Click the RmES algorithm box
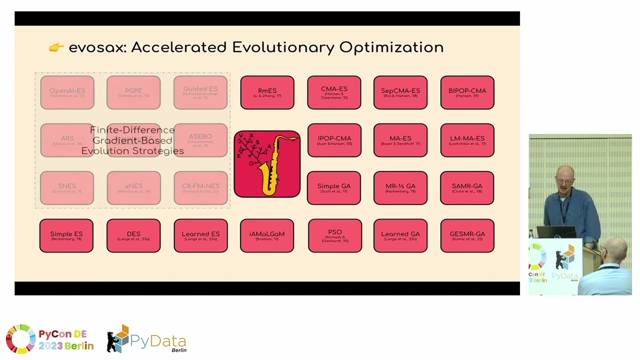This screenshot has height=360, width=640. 267,92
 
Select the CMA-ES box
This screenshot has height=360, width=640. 334,92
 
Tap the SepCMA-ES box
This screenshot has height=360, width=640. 400,92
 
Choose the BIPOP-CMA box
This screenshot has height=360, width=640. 467,92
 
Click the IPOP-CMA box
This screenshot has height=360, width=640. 334,140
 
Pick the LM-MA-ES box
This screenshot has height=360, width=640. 467,140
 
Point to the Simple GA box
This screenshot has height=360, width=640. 334,188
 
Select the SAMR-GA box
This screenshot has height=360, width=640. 467,188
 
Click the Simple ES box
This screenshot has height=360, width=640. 66,235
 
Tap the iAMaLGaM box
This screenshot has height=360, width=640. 267,235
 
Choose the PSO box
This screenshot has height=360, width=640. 334,235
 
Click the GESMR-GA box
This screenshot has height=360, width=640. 467,235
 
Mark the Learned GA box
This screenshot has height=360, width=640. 400,235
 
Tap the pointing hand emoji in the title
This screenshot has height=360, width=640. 56,47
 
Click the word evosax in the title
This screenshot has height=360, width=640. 97,47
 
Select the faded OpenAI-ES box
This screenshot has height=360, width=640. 67,92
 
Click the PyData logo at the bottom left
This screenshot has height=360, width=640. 147,340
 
